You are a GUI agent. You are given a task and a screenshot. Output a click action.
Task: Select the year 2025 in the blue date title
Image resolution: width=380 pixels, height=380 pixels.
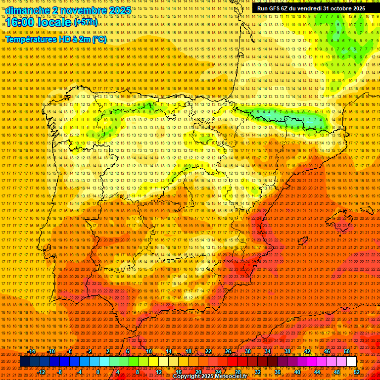(x=119, y=10)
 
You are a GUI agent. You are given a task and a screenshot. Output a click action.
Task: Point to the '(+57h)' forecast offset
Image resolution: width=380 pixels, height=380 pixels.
(x=86, y=23)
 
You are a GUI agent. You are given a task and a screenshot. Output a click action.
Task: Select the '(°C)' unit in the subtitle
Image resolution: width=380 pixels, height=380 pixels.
(x=99, y=39)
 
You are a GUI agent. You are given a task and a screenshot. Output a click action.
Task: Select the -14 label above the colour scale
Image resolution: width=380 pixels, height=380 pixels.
(x=32, y=351)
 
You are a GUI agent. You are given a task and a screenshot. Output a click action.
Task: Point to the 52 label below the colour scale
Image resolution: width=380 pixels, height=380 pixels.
(x=357, y=372)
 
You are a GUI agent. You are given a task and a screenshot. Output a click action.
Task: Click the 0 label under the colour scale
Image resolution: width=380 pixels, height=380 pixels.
(x=98, y=372)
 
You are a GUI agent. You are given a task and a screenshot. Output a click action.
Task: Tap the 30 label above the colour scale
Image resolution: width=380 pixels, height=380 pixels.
(x=247, y=351)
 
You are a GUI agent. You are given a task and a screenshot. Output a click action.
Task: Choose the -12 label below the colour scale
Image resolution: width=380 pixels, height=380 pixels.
(x=42, y=372)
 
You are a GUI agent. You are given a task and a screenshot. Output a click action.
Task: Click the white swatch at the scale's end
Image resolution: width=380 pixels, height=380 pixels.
(x=351, y=362)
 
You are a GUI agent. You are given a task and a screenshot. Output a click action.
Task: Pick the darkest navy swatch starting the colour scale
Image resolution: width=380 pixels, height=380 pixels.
(x=24, y=362)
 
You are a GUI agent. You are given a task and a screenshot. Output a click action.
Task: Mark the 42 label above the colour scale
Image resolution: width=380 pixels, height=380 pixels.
(x=307, y=351)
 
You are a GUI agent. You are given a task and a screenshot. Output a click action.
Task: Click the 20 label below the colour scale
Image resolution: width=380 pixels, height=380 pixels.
(x=198, y=372)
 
